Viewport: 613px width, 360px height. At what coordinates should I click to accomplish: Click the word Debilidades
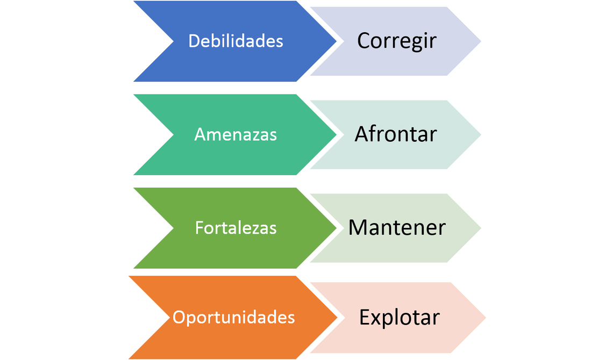[236, 41]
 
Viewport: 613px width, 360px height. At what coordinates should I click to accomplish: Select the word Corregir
[396, 41]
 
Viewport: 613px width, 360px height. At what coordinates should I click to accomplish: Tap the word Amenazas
[236, 134]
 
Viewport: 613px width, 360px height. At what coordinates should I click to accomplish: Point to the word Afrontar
[395, 134]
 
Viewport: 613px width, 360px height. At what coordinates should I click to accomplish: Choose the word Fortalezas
[236, 228]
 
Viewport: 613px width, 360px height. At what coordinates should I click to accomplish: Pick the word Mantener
[397, 227]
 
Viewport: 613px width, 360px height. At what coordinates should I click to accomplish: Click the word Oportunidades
[233, 317]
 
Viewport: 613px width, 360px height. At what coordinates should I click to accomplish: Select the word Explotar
[399, 317]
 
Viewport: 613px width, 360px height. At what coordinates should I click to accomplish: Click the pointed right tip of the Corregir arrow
[481, 41]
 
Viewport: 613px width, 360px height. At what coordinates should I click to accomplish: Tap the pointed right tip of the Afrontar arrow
[481, 134]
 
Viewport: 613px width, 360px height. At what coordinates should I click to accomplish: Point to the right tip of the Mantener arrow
[481, 228]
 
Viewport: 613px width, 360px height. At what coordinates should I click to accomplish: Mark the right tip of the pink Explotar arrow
[486, 317]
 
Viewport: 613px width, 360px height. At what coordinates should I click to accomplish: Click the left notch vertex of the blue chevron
[173, 41]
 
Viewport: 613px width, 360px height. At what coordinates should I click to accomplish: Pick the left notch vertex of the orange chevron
[168, 317]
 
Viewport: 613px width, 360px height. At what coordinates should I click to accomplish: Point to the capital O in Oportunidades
[179, 317]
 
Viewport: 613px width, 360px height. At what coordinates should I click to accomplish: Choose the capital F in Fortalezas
[198, 228]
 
